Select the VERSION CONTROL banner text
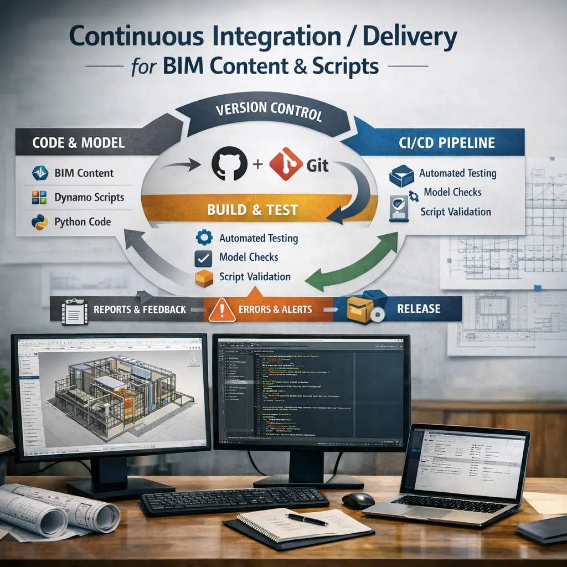[x=270, y=110]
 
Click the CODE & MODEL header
[x=79, y=142]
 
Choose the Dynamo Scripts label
[x=89, y=197]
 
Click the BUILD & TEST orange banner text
[x=252, y=210]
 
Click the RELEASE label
[x=419, y=308]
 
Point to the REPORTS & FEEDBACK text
[x=140, y=309]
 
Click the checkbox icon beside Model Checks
[x=203, y=258]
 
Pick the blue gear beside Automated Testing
[x=204, y=239]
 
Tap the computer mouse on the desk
[x=358, y=500]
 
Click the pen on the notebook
[x=306, y=519]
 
